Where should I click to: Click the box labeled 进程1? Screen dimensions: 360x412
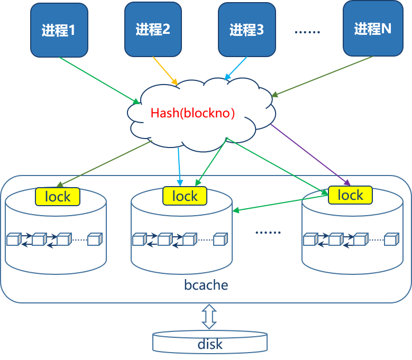tap(59, 30)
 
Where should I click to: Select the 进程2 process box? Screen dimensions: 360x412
tap(153, 29)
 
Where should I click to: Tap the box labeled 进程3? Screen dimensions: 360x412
tap(246, 30)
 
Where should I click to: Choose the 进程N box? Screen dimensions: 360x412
tap(373, 29)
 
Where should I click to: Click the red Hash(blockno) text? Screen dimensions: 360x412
tap(193, 113)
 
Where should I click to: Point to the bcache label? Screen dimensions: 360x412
tap(206, 285)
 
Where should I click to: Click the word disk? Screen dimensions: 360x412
tap(209, 345)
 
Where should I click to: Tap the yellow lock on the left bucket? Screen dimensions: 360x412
tap(58, 197)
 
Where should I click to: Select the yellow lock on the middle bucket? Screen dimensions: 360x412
tap(185, 196)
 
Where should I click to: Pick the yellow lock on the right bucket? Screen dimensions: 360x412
tap(350, 195)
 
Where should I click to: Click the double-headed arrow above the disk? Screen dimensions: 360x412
tap(209, 317)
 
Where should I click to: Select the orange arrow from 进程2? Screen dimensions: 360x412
tap(165, 70)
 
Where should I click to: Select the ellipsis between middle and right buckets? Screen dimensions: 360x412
tap(268, 232)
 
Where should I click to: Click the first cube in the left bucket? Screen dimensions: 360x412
tap(13, 240)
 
